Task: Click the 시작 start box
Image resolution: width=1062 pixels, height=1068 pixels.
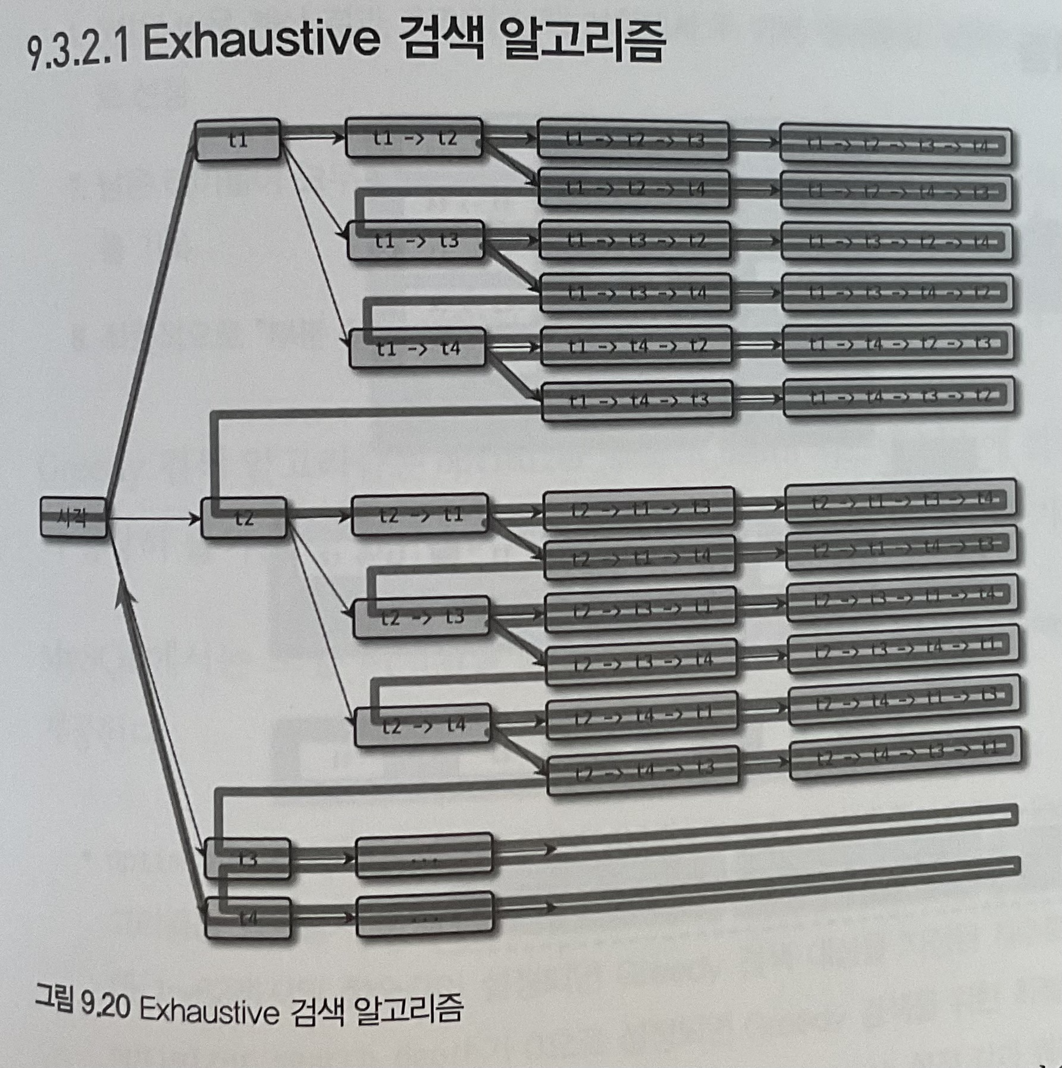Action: pyautogui.click(x=74, y=518)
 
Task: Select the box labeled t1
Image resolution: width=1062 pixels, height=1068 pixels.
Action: pyautogui.click(x=237, y=140)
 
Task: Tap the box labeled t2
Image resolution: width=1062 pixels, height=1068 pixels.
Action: pyautogui.click(x=244, y=518)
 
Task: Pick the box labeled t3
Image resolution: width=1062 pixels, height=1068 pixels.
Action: pyautogui.click(x=248, y=859)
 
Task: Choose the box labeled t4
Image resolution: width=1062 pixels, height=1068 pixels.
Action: pyautogui.click(x=248, y=918)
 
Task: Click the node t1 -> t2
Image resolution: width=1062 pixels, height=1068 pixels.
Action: pyautogui.click(x=414, y=138)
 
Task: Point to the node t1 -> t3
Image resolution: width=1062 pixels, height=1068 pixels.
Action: pyautogui.click(x=416, y=240)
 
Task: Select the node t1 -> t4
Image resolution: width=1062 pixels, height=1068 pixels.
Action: pyautogui.click(x=418, y=348)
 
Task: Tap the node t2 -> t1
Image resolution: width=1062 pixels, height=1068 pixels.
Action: pyautogui.click(x=420, y=515)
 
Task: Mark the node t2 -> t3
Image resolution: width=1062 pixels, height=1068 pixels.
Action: pyautogui.click(x=422, y=618)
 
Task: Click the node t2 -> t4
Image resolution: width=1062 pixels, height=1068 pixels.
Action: pyautogui.click(x=422, y=725)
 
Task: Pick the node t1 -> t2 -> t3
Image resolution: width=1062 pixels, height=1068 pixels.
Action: pyautogui.click(x=633, y=140)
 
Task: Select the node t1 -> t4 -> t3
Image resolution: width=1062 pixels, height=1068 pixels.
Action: pyautogui.click(x=637, y=400)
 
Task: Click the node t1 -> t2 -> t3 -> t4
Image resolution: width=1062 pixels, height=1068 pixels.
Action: pyautogui.click(x=896, y=145)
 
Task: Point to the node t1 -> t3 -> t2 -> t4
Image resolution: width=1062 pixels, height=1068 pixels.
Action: pyautogui.click(x=897, y=242)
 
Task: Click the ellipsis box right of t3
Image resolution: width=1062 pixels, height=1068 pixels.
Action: pyautogui.click(x=424, y=857)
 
